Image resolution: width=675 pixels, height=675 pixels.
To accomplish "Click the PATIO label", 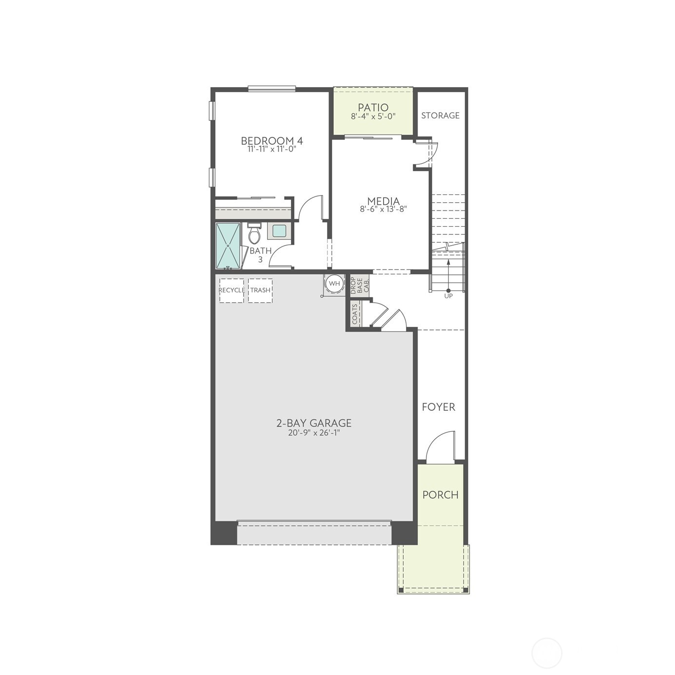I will (373, 107).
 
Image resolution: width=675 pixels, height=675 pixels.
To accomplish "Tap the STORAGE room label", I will (440, 116).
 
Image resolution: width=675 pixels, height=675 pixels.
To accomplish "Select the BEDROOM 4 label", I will (272, 141).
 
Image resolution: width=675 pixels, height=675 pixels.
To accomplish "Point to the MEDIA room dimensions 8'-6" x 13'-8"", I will (383, 209).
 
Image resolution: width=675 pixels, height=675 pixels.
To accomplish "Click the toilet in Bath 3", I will (254, 234).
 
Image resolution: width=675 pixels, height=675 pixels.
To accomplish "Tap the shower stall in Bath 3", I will (228, 246).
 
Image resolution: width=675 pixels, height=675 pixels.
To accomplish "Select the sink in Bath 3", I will (279, 231).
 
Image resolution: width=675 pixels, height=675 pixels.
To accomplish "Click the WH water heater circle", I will (334, 283).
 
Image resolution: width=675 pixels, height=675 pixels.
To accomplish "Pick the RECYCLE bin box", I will (231, 290).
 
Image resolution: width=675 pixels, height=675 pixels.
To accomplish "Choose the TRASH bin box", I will (260, 290).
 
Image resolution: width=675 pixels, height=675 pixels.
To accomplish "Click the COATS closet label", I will (355, 314).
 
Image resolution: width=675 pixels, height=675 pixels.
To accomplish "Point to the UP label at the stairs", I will (448, 296).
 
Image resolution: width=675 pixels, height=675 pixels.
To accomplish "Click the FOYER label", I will (439, 407).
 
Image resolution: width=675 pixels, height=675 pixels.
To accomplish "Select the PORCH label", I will (441, 495).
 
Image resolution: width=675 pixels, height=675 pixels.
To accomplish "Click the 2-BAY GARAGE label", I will (314, 423).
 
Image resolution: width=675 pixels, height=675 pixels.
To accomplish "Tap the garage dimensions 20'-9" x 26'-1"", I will (314, 432).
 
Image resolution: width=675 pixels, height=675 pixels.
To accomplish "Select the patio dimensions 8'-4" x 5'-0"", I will (373, 116).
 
